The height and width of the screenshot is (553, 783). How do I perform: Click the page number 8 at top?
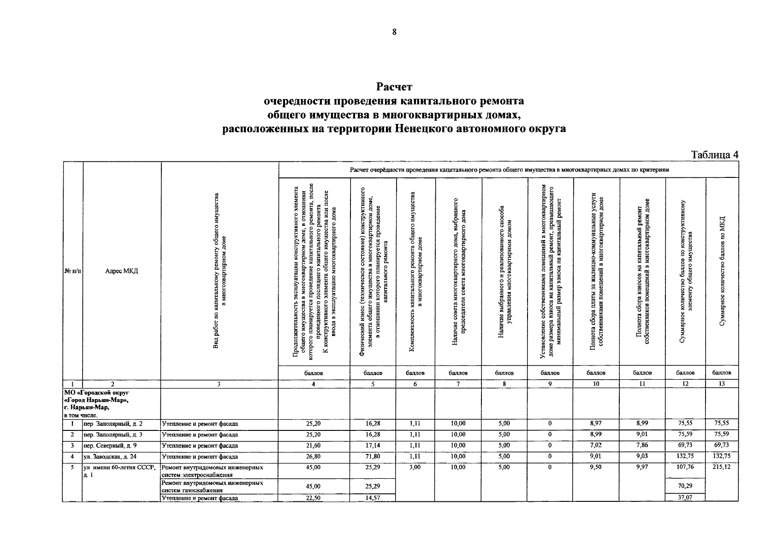point(394,32)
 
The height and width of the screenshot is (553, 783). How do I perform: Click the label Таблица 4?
point(714,155)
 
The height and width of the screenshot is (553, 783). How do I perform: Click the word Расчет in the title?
point(394,87)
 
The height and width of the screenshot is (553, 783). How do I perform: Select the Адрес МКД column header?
point(121,271)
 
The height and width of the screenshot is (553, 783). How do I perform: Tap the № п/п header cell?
point(72,271)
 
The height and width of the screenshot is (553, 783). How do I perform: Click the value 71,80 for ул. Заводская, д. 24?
point(373,457)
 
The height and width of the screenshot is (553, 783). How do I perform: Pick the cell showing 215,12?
point(722,467)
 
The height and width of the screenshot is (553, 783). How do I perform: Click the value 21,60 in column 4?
point(314,446)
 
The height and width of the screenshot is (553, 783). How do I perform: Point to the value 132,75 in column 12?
point(685,457)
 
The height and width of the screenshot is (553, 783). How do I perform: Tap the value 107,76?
point(685,467)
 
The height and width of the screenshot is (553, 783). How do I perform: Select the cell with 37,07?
point(685,498)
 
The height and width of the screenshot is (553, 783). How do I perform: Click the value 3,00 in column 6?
point(415,467)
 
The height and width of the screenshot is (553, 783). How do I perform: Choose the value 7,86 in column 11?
point(642,446)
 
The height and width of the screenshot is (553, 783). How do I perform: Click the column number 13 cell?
point(722,383)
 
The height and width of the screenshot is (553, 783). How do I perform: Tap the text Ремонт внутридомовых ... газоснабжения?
point(213,486)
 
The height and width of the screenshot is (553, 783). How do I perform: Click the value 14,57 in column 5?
point(373,498)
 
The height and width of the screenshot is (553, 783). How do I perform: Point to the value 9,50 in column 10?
point(596,467)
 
